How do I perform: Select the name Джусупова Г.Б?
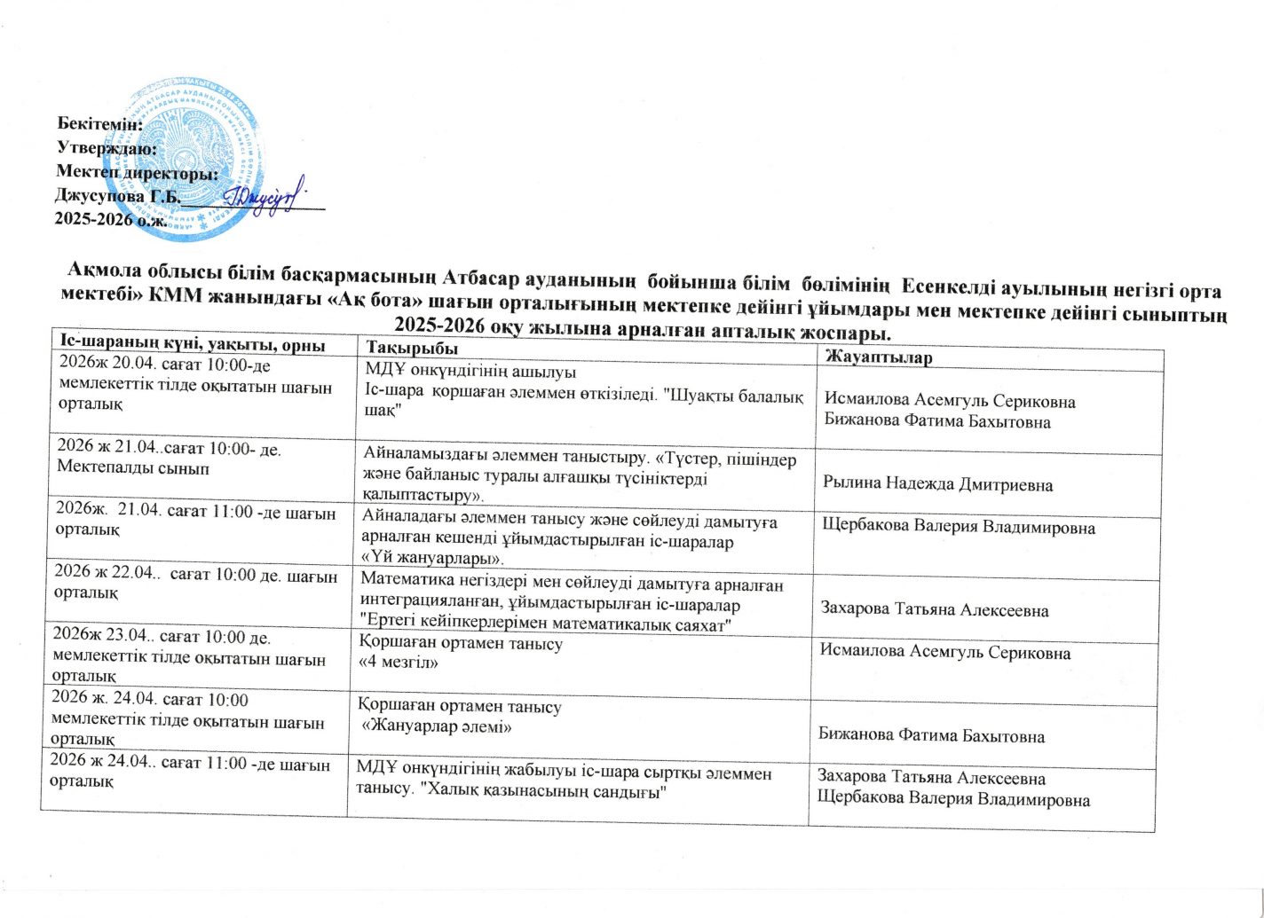[116, 195]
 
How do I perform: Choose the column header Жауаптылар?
[878, 357]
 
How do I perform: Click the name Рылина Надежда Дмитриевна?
[937, 484]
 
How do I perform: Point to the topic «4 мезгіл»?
[399, 662]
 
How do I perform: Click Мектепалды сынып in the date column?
[133, 467]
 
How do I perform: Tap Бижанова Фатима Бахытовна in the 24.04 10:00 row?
[931, 735]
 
